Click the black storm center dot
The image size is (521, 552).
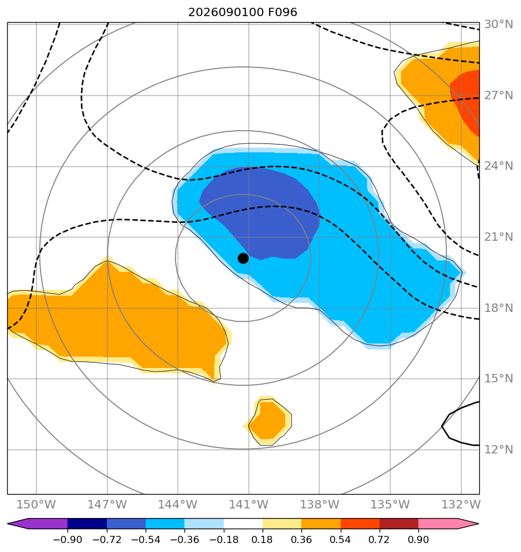pos(243,259)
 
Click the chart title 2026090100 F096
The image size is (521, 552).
pos(243,13)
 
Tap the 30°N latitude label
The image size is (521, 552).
pos(498,24)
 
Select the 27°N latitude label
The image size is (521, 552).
pos(498,96)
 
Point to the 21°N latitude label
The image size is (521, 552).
pos(498,237)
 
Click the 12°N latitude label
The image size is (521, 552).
pos(498,450)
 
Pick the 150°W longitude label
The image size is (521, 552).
pos(36,504)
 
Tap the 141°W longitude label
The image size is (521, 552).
pos(249,504)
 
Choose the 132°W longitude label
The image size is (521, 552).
pos(461,504)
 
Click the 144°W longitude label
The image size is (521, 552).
pos(178,504)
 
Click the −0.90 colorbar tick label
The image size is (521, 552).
pos(67,539)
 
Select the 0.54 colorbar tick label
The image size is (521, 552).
pos(340,539)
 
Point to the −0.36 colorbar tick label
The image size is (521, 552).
pos(184,539)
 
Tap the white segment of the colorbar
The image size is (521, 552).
pos(243,523)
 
